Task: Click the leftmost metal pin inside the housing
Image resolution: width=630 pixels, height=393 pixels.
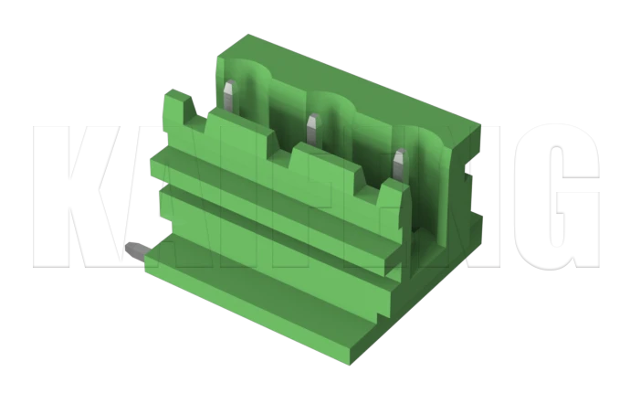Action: [231, 97]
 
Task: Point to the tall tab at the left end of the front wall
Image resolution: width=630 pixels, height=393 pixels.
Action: [175, 110]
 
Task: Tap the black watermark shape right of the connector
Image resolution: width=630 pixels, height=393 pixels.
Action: [548, 183]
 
